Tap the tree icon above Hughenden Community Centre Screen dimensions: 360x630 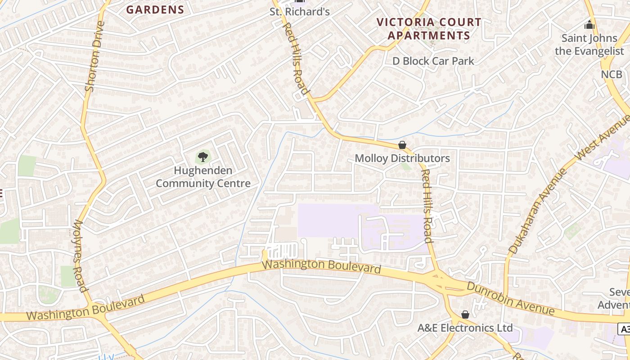pos(203,157)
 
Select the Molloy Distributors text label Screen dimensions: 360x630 pos(402,158)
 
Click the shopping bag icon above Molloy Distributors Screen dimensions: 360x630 pos(402,145)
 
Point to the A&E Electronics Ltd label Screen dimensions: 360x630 pos(465,328)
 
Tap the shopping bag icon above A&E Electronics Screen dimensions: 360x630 pos(465,315)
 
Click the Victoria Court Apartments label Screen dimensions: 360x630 pos(429,29)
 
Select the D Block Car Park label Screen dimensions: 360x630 pos(433,61)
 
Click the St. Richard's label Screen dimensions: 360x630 pos(300,12)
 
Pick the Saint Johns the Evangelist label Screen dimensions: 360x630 pos(589,44)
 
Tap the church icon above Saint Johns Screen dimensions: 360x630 pos(589,24)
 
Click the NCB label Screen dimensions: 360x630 pos(612,74)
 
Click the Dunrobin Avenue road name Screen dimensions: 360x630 pos(510,298)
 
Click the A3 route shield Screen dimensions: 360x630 pos(624,329)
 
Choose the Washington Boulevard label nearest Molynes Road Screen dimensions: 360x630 pos(85,308)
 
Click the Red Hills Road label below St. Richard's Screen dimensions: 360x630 pos(296,58)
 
